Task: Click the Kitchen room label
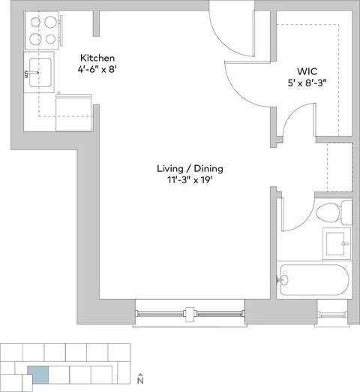click(97, 58)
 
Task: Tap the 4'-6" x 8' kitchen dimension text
click(97, 69)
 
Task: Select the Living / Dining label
click(190, 168)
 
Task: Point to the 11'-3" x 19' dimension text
click(190, 179)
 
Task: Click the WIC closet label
click(307, 71)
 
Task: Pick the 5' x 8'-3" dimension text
click(307, 83)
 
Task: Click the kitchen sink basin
click(40, 73)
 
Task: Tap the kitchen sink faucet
click(31, 73)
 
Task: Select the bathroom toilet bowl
click(328, 212)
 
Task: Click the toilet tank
click(346, 213)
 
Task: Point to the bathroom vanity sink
click(337, 243)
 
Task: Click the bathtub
click(314, 280)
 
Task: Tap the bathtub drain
click(284, 279)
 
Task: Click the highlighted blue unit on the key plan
click(38, 375)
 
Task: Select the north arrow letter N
click(140, 381)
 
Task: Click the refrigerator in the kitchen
click(73, 113)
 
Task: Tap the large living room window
click(190, 313)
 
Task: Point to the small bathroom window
click(333, 314)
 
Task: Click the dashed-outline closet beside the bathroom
click(340, 167)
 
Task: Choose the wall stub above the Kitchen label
click(96, 23)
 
